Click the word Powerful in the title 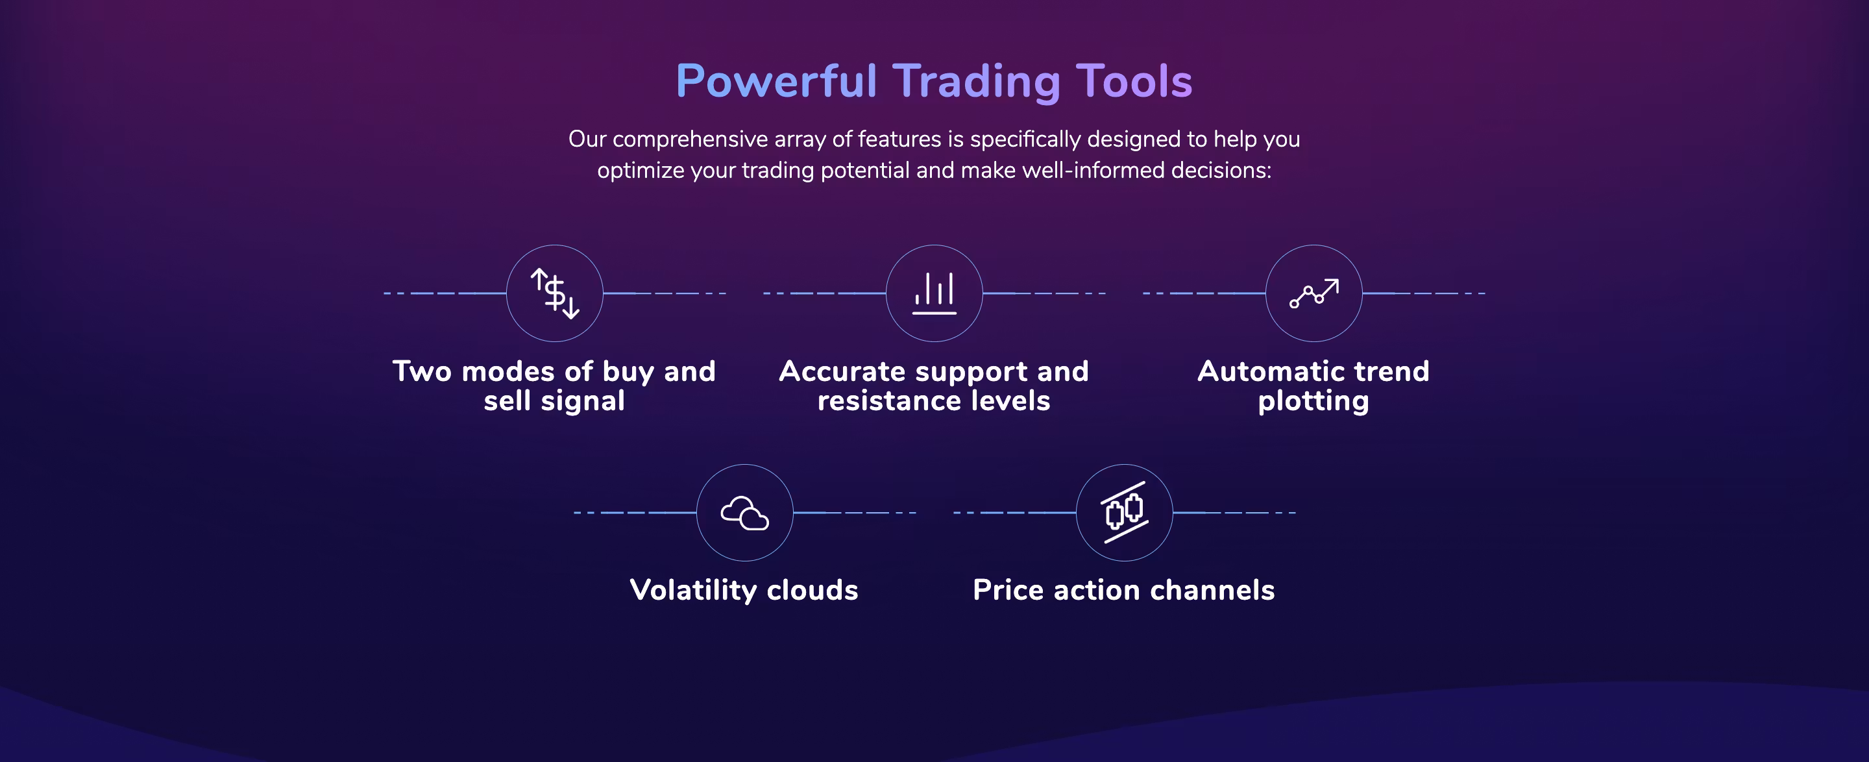(x=776, y=80)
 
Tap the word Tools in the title (x=1134, y=80)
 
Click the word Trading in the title (x=976, y=82)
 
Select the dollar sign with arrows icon (x=555, y=293)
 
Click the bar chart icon (x=934, y=293)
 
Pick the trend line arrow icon (x=1314, y=293)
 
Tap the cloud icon (x=744, y=513)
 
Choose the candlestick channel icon (x=1125, y=512)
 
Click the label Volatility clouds (x=744, y=590)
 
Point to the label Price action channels (x=1124, y=590)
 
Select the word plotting (x=1314, y=401)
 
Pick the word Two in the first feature (x=422, y=371)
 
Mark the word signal (x=583, y=401)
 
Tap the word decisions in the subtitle (x=1221, y=170)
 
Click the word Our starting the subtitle (x=587, y=139)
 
